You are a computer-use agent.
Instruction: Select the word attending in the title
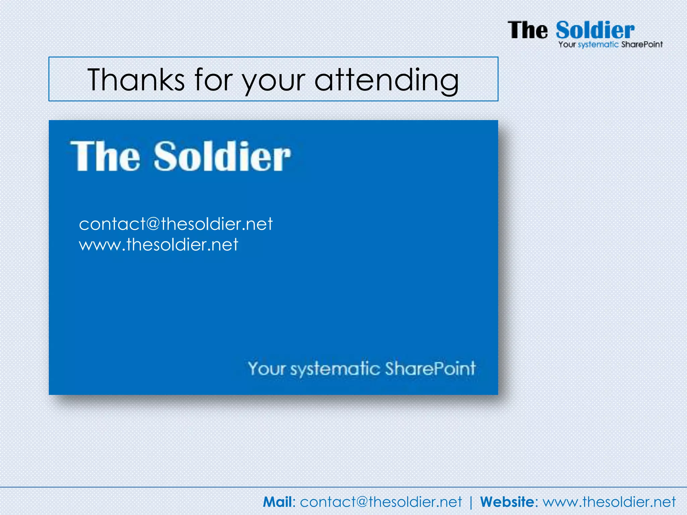click(386, 80)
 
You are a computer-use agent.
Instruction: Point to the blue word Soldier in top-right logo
click(595, 30)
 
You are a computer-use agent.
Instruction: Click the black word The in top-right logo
click(527, 30)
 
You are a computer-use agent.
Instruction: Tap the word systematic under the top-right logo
click(598, 45)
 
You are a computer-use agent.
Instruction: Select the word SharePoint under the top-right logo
click(642, 44)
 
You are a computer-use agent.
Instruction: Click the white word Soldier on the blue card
click(222, 156)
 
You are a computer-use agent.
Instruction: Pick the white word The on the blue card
click(105, 156)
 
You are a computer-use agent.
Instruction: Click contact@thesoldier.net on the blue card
click(176, 224)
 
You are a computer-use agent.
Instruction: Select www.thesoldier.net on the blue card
click(158, 244)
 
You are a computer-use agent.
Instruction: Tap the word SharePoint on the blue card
click(430, 368)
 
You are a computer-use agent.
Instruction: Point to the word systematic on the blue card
click(335, 369)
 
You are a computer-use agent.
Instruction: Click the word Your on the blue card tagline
click(267, 368)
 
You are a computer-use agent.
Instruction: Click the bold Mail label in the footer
click(277, 502)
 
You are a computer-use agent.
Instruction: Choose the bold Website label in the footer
click(507, 502)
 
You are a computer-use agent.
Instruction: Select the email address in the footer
click(381, 502)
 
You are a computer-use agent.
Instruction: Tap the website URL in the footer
click(609, 502)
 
